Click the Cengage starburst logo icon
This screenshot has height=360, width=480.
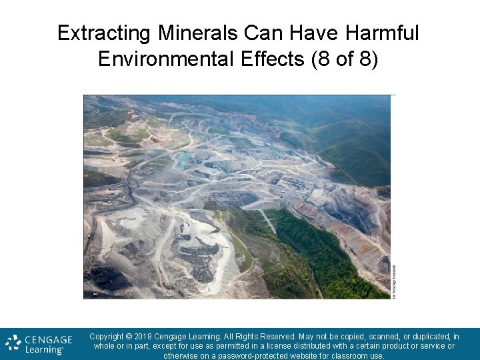click(13, 343)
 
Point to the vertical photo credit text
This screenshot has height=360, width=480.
click(394, 281)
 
